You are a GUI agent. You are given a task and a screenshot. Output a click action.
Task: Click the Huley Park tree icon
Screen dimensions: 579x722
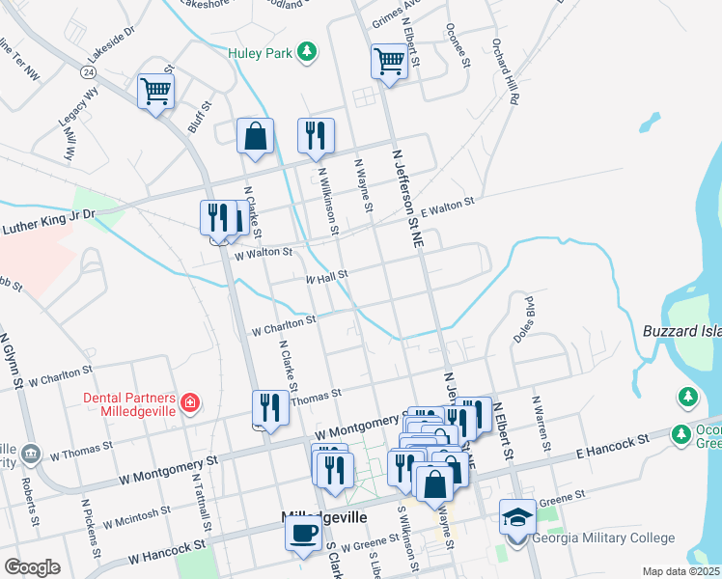[x=307, y=51]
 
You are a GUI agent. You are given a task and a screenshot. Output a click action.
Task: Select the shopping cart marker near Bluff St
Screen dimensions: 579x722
[x=155, y=92]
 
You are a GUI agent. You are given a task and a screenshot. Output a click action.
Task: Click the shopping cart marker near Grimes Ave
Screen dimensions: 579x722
[x=388, y=61]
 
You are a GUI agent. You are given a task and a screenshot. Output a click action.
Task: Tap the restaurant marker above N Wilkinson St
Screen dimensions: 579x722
[x=316, y=137]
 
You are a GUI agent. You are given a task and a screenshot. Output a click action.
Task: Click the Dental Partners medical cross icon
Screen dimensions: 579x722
[x=191, y=400]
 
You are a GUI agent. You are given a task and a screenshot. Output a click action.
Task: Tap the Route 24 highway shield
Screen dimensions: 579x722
[x=88, y=71]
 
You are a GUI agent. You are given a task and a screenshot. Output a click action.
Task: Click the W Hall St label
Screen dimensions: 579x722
[x=325, y=277]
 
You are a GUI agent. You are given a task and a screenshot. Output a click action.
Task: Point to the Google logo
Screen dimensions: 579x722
[x=32, y=567]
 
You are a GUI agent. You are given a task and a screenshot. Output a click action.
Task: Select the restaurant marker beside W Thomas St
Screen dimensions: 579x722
[x=269, y=408]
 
